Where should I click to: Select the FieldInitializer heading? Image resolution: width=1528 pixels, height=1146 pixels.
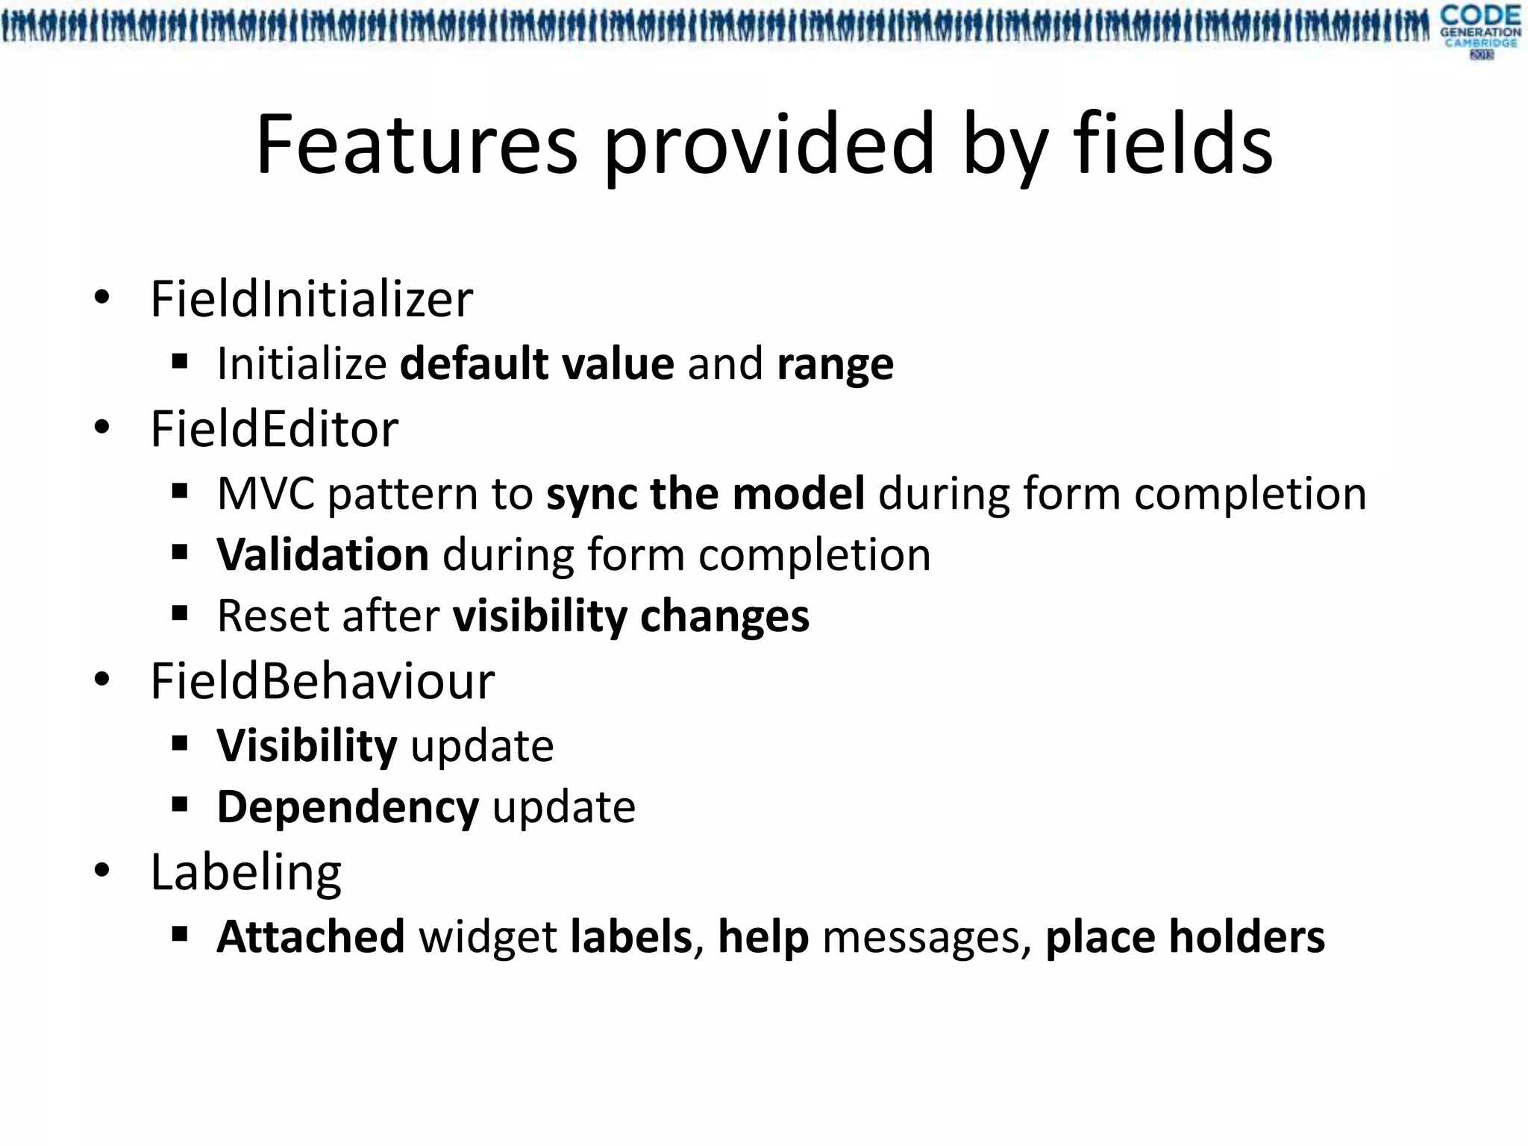pos(311,299)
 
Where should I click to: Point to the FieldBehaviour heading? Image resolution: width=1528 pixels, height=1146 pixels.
pos(322,681)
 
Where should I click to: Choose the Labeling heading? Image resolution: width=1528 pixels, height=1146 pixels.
pos(245,871)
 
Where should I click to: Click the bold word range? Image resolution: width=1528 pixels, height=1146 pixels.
pos(835,364)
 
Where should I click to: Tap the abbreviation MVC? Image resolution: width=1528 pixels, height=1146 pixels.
pos(266,494)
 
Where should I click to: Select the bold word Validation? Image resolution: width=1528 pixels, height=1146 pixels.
pos(322,555)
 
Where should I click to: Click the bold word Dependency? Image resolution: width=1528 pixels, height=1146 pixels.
pos(348,807)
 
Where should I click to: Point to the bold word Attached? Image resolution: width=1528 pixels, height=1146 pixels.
pos(310,937)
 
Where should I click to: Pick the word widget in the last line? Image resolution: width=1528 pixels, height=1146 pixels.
pos(487,937)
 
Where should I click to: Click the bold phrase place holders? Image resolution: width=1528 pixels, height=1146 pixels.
pos(1185,937)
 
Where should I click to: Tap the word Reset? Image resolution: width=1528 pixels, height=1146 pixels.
pos(272,616)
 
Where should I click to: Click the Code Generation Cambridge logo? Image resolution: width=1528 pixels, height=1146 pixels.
pos(1480,31)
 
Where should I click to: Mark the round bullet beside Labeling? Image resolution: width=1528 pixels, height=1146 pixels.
pos(102,870)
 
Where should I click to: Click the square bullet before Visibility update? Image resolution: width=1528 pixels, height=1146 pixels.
pos(179,744)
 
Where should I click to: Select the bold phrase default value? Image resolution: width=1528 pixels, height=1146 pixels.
pos(537,364)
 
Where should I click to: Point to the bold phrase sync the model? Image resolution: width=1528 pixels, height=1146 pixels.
pos(705,494)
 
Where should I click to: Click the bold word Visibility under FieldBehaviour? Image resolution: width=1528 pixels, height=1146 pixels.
pos(307,746)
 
